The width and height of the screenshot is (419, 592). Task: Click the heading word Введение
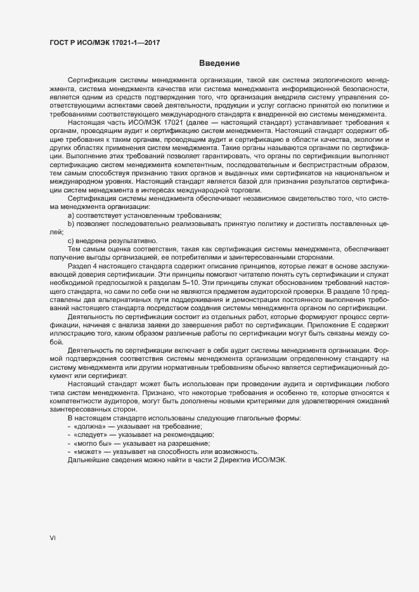(219, 63)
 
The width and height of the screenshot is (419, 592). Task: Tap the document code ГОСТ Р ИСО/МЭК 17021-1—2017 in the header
(104, 42)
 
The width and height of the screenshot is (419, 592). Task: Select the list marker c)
(70, 240)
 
